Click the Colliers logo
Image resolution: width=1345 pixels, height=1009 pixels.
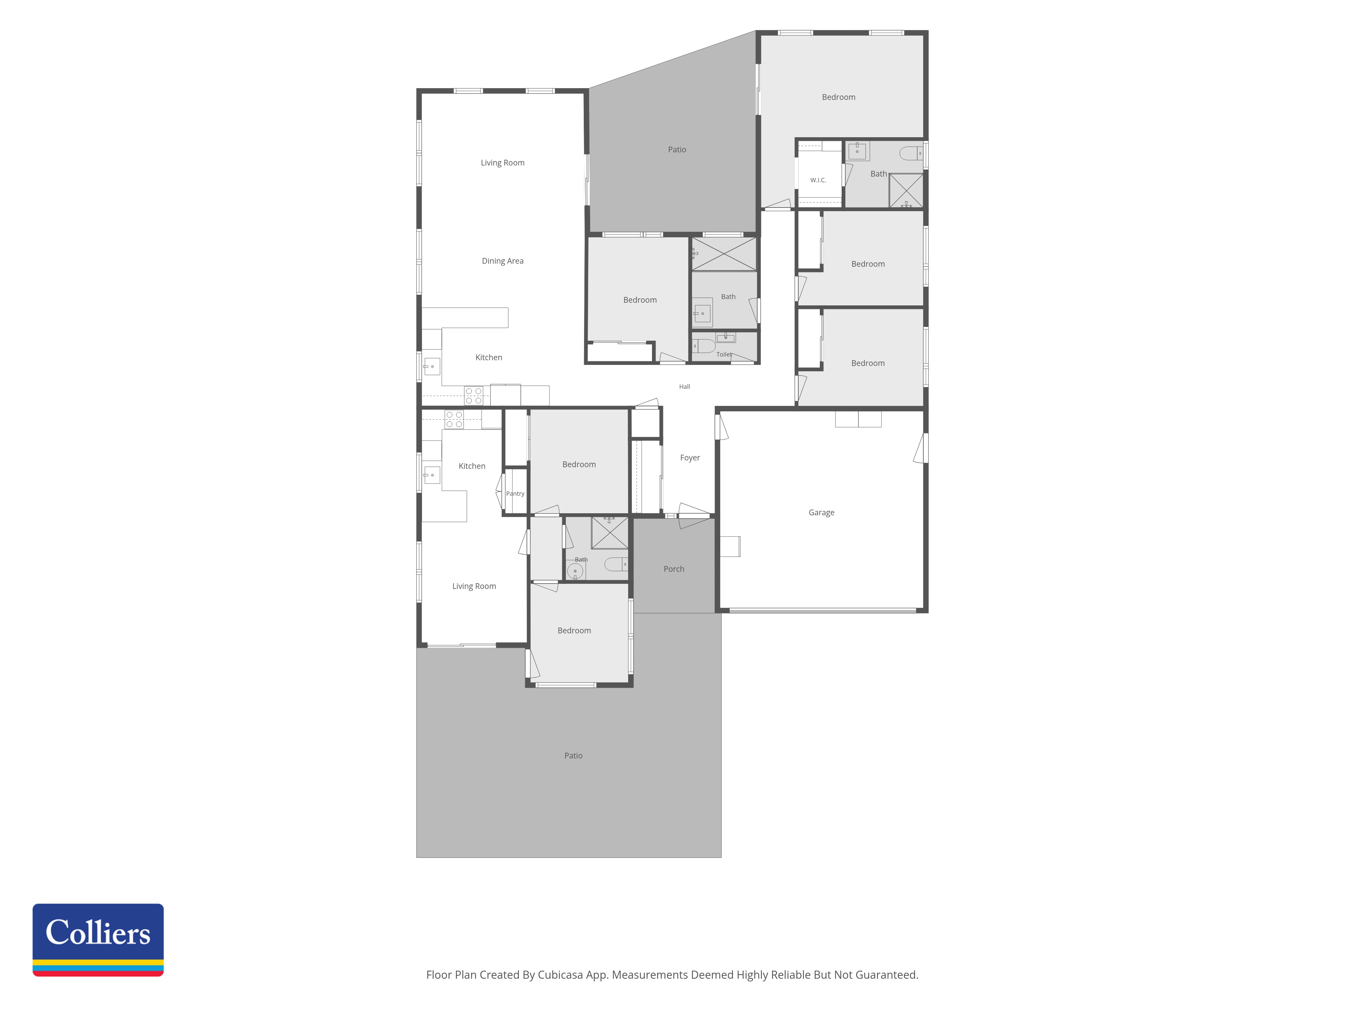98,940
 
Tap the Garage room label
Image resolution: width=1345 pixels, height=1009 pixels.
821,513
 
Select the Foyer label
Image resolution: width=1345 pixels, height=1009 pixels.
690,458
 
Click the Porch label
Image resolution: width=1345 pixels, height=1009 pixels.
674,569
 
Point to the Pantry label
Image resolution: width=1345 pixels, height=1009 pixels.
515,494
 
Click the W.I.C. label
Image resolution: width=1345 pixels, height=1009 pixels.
818,180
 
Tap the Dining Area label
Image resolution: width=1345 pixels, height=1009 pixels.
502,261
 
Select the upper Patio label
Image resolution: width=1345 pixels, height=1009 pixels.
677,150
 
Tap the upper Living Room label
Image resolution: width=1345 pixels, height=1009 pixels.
502,163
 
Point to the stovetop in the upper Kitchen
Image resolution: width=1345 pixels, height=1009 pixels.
474,396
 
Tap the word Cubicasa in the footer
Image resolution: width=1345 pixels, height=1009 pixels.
560,975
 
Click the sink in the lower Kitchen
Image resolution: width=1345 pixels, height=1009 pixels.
432,475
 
